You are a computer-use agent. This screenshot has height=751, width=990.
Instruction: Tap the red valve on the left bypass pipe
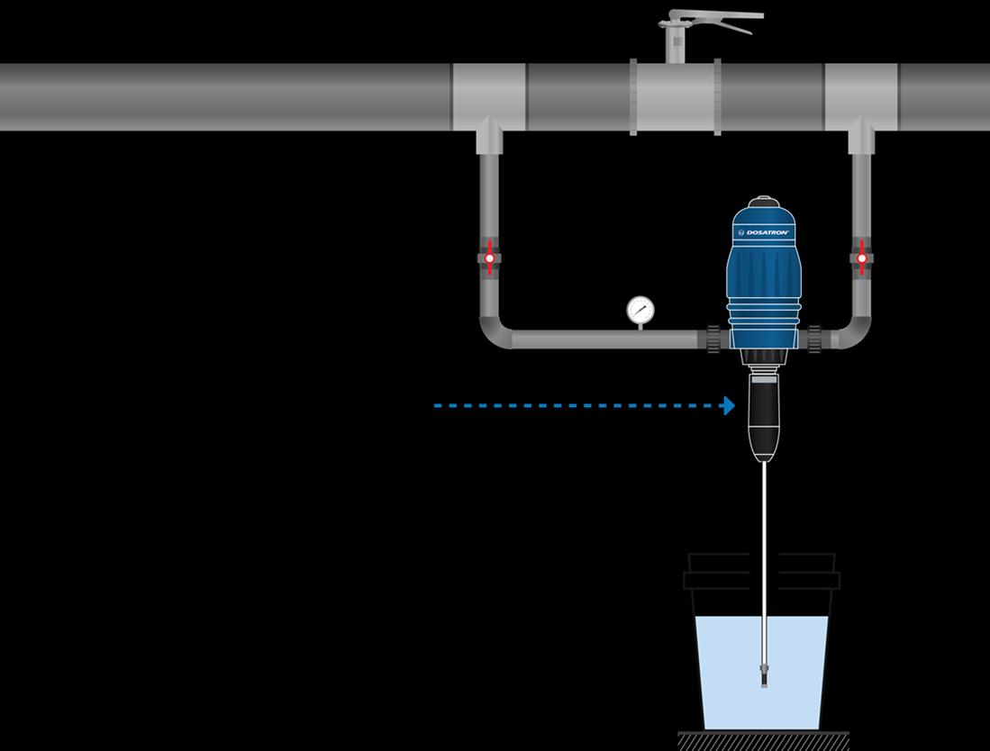[x=489, y=258]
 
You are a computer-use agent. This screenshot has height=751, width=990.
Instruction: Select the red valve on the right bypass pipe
[x=862, y=258]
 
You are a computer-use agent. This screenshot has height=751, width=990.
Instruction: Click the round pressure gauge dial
[x=640, y=310]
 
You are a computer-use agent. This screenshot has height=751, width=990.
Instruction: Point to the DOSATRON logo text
[x=767, y=232]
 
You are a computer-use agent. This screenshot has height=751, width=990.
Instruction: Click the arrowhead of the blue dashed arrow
[x=729, y=406]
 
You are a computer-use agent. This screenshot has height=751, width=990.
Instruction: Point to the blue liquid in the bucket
[x=721, y=666]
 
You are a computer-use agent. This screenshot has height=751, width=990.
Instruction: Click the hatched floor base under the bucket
[x=763, y=741]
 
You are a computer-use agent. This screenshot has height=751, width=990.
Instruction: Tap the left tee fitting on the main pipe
[x=488, y=97]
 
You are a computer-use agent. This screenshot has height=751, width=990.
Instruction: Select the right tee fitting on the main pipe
[x=861, y=97]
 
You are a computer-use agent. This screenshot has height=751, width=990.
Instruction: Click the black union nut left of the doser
[x=714, y=339]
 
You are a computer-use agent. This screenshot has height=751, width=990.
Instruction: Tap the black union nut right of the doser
[x=814, y=339]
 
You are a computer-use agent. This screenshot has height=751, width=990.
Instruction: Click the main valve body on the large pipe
[x=674, y=97]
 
